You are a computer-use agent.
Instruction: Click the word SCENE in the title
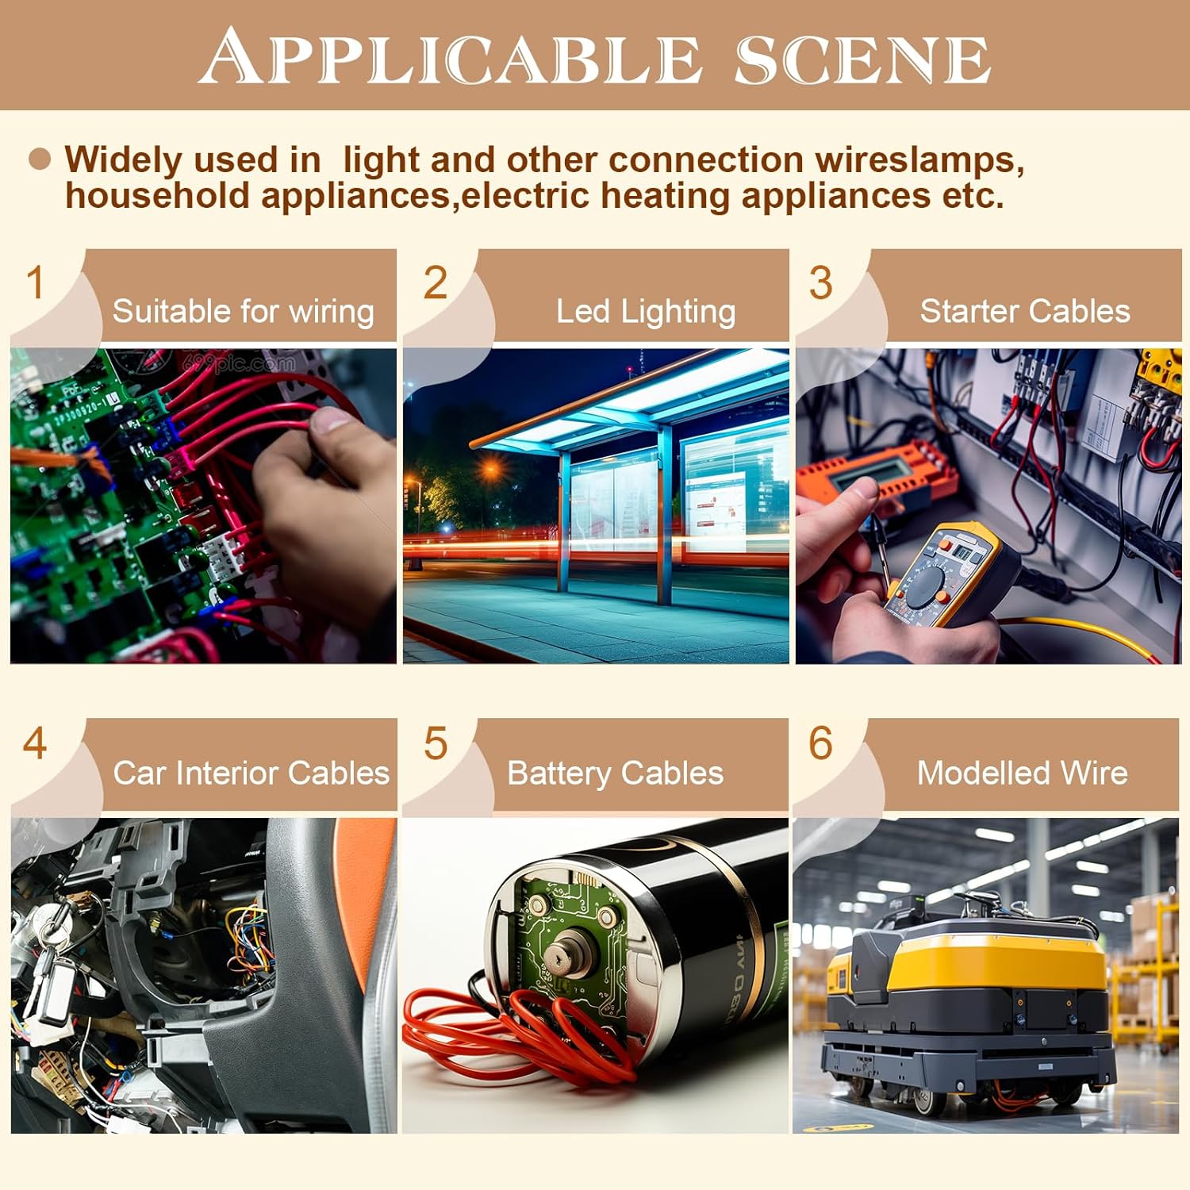[x=862, y=59]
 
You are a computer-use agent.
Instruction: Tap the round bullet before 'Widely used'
[x=40, y=159]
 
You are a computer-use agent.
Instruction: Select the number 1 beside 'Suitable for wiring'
[x=35, y=283]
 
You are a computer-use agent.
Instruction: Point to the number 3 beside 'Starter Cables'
[x=821, y=283]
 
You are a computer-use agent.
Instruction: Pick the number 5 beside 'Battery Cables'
[x=436, y=743]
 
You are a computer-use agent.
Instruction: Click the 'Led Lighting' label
[x=646, y=312]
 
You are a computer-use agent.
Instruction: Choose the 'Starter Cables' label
[x=1025, y=311]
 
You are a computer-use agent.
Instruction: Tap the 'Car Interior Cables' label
[x=251, y=773]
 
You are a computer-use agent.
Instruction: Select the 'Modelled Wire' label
[x=1023, y=773]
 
